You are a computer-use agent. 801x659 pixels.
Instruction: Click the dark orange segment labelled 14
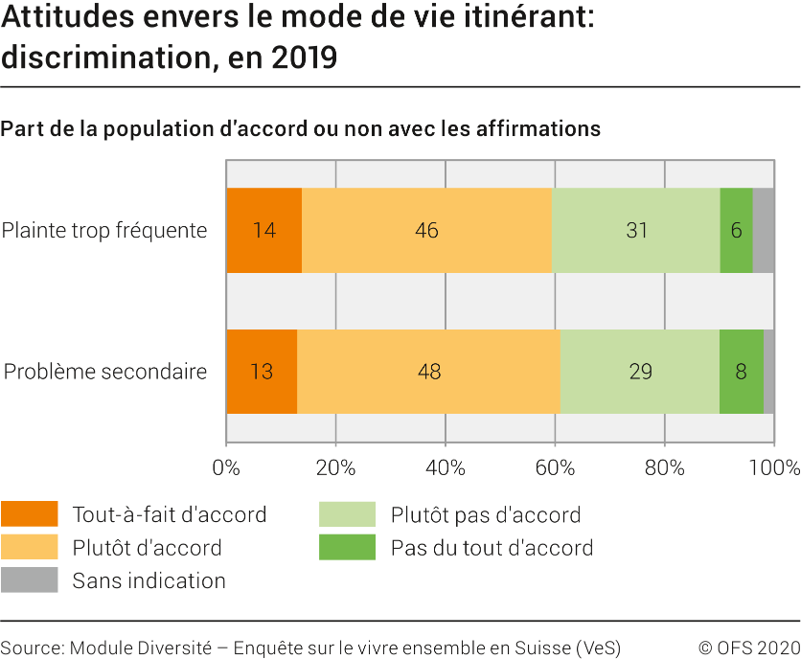coord(263,231)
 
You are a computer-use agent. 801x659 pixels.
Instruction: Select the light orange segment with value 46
coord(427,231)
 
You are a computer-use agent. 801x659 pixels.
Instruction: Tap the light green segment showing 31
coord(636,231)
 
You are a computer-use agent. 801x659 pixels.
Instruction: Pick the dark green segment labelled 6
coord(736,231)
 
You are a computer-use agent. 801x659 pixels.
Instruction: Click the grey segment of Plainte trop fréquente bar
coord(764,231)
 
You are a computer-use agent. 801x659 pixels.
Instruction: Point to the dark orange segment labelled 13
coord(262,372)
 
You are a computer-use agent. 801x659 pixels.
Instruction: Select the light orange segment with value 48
coord(429,372)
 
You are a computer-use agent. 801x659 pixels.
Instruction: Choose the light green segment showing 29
coord(640,372)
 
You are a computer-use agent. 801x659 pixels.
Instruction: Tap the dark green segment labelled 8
coord(742,372)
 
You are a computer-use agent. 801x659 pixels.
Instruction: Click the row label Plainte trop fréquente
coord(104,231)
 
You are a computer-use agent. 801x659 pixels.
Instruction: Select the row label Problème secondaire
coord(105,372)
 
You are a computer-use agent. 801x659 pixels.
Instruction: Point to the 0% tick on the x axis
coord(226,468)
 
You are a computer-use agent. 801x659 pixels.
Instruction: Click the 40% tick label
coord(446,468)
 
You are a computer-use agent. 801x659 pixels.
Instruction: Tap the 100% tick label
coord(773,468)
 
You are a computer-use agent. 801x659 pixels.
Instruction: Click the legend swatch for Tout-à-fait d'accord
coord(29,514)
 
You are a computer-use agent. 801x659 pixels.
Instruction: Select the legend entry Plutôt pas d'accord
coord(485,515)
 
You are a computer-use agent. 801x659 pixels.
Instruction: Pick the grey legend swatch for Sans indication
coord(29,580)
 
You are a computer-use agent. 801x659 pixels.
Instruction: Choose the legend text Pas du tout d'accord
coord(492,548)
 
